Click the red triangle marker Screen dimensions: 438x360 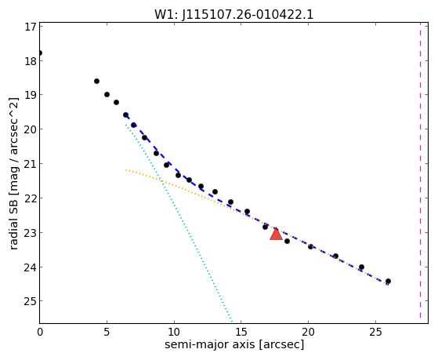(x=276, y=235)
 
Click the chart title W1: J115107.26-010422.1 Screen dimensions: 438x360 (x=233, y=15)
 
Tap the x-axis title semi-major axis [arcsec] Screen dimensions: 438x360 (x=234, y=344)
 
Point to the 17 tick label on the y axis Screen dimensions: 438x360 (x=31, y=27)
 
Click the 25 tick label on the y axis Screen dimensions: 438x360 (x=31, y=301)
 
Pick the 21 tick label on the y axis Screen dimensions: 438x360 (x=31, y=163)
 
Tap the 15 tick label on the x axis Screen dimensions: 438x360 (x=241, y=332)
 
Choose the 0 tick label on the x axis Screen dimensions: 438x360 (x=40, y=332)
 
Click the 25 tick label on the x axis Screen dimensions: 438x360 (x=375, y=332)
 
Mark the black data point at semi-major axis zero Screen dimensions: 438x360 (x=40, y=53)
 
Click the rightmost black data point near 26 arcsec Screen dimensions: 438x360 (x=388, y=281)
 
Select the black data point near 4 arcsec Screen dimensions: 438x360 (x=96, y=81)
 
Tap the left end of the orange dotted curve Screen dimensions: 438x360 (x=126, y=169)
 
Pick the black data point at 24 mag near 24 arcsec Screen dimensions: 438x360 (x=361, y=267)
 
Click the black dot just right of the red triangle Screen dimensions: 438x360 (x=287, y=241)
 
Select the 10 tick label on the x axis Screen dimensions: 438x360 (x=174, y=332)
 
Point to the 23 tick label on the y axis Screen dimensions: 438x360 (x=31, y=232)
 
